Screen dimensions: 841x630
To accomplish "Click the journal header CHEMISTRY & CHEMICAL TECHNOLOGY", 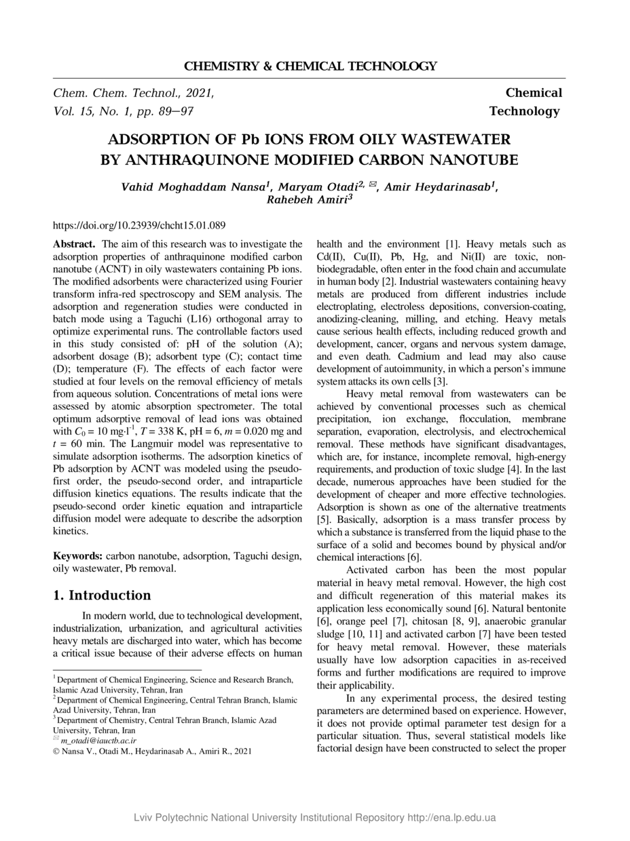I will pyautogui.click(x=310, y=66).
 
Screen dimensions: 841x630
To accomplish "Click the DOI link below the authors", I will pyautogui.click(x=139, y=224).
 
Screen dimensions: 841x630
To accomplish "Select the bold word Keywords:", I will pyautogui.click(x=78, y=556).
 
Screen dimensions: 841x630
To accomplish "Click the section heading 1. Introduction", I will pyautogui.click(x=102, y=595).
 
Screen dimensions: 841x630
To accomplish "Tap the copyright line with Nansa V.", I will pyautogui.click(x=152, y=751).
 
